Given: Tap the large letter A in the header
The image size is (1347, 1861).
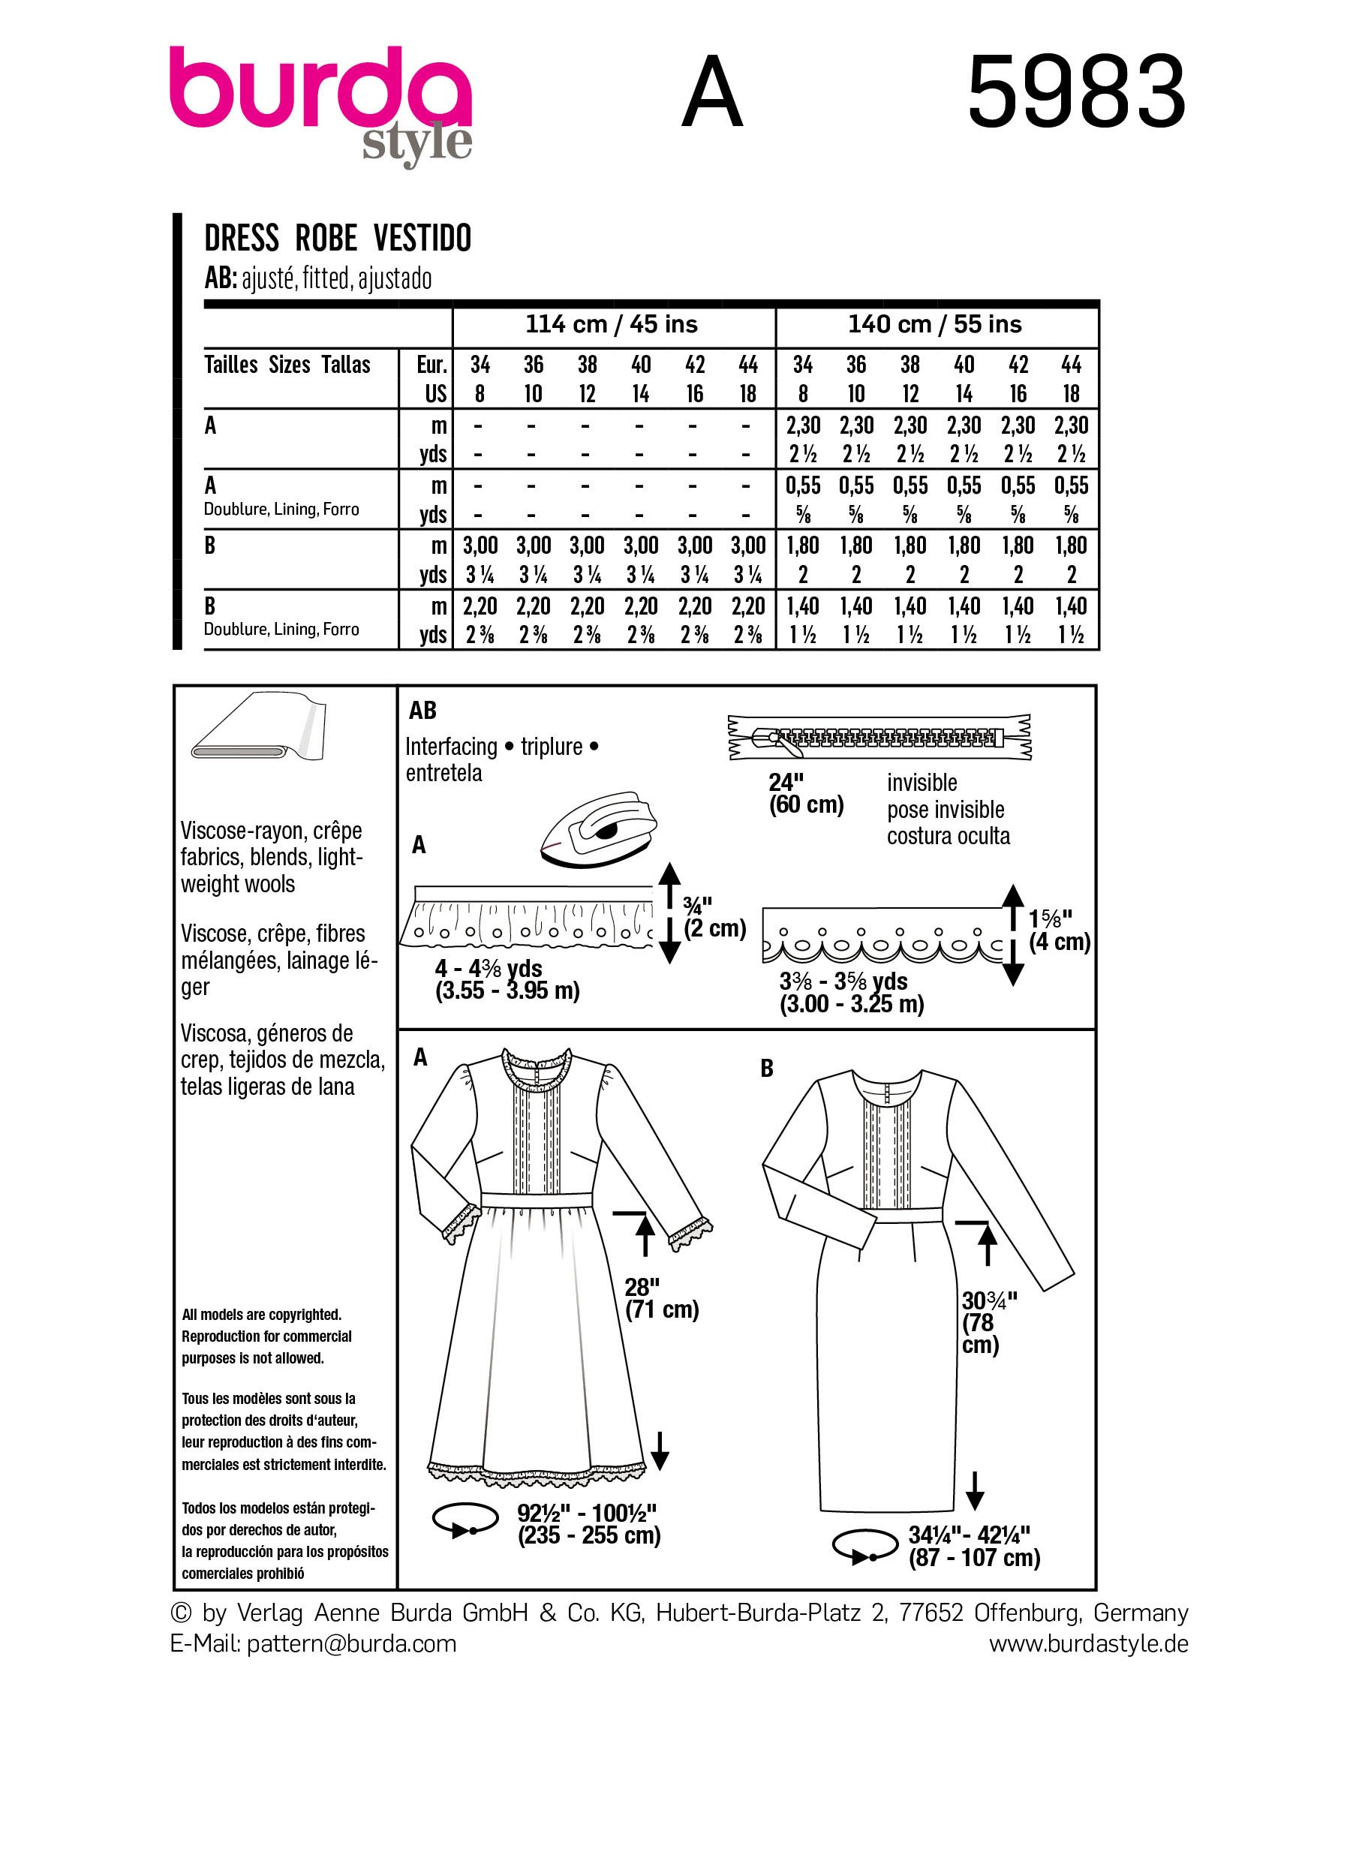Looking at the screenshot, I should (712, 93).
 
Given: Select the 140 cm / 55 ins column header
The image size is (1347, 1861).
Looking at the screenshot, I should (935, 324).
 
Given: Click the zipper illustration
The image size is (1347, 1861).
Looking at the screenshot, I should (879, 736).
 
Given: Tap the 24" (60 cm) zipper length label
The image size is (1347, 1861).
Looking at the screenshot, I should (806, 792).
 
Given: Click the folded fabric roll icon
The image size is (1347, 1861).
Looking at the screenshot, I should (258, 729).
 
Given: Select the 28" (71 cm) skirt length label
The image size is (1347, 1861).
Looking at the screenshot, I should (661, 1298).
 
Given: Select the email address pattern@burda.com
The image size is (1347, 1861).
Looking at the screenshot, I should (351, 1643).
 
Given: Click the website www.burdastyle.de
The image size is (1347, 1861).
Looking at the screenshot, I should (1088, 1643).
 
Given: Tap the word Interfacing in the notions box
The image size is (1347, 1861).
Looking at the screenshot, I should (451, 747).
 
